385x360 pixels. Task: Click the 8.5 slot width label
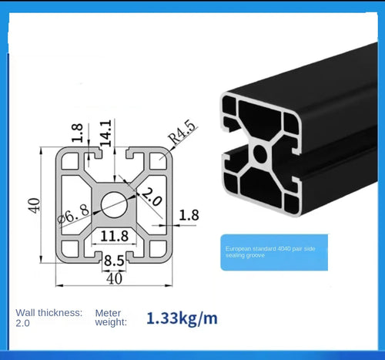tap(115, 261)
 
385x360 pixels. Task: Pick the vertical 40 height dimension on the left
tap(34, 207)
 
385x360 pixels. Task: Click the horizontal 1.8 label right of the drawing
tap(189, 215)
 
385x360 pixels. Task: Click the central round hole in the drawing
tap(115, 204)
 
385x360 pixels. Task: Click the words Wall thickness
tap(48, 312)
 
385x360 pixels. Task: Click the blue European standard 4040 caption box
tap(274, 252)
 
